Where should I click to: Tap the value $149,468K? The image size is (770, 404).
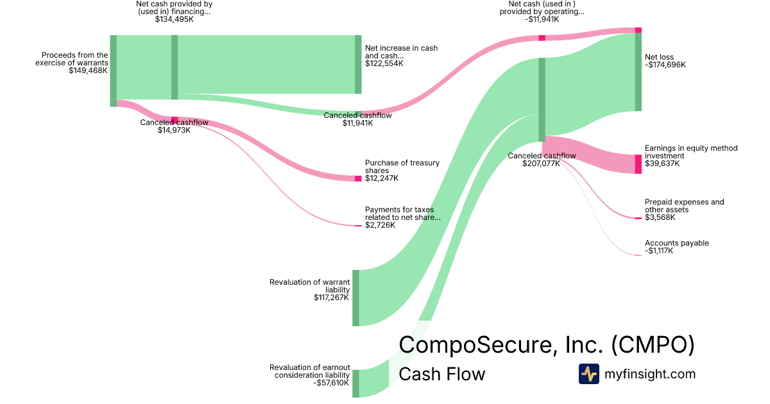pyautogui.click(x=88, y=71)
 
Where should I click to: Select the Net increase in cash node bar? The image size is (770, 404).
pyautogui.click(x=358, y=65)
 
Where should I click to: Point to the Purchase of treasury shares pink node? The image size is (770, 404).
pyautogui.click(x=358, y=178)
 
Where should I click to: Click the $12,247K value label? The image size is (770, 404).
pyautogui.click(x=381, y=178)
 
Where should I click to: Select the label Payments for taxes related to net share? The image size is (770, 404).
pyautogui.click(x=403, y=214)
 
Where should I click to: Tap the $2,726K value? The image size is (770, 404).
pyautogui.click(x=380, y=225)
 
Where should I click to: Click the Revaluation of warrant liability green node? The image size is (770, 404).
pyautogui.click(x=355, y=298)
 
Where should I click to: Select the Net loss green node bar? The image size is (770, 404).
pyautogui.click(x=638, y=72)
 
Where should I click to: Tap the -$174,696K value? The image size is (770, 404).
pyautogui.click(x=665, y=65)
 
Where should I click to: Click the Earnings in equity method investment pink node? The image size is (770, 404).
pyautogui.click(x=638, y=164)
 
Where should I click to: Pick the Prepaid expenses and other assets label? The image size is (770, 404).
pyautogui.click(x=684, y=206)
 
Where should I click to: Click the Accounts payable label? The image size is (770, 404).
pyautogui.click(x=676, y=243)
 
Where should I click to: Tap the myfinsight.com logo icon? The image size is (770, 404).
pyautogui.click(x=588, y=374)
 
